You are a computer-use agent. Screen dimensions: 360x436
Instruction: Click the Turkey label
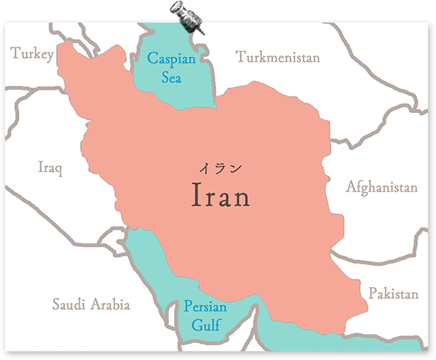tap(32, 53)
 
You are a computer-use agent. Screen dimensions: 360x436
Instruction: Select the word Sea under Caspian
tap(171, 76)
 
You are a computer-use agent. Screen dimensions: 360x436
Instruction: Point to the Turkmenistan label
tap(278, 57)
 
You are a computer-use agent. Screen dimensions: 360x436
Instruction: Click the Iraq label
tap(50, 168)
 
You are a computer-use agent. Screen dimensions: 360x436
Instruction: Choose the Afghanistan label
tap(381, 187)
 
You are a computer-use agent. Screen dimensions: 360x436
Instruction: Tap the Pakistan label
tap(393, 294)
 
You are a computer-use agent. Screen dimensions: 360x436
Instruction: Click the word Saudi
tap(69, 304)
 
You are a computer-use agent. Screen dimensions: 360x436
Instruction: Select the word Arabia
tap(110, 304)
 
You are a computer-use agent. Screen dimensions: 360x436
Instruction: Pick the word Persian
tap(205, 307)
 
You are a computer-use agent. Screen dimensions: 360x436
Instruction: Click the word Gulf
tap(205, 325)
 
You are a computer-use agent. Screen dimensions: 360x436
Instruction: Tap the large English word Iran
tap(219, 195)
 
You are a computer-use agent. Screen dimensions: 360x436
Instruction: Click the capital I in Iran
tap(195, 195)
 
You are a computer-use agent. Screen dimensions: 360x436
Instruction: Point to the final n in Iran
tap(241, 197)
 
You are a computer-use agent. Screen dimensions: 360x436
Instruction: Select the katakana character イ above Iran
tap(206, 168)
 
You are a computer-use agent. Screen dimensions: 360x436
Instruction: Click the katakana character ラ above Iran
tap(219, 168)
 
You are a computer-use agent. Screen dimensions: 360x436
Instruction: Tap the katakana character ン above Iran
tap(234, 168)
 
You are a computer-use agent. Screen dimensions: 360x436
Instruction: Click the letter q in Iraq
tap(58, 170)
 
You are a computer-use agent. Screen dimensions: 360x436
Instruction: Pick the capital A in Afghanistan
tap(351, 187)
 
